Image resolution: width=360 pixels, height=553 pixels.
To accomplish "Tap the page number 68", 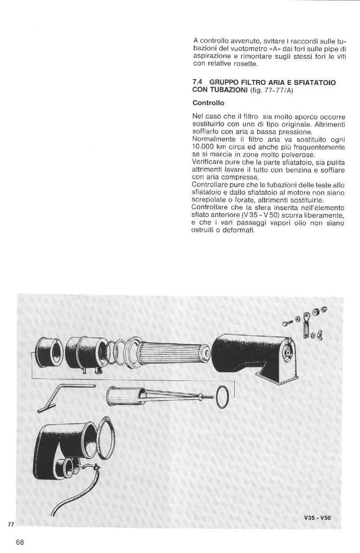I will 20,541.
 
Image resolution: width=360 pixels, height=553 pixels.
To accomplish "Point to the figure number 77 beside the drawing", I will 11,524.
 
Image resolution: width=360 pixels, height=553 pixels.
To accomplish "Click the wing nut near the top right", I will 321,335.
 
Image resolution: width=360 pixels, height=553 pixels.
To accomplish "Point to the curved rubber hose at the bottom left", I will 72,497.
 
